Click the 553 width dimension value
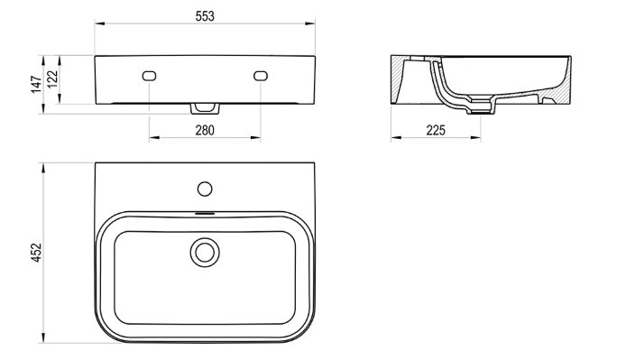tap(205, 16)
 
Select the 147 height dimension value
tap(36, 85)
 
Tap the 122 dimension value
tap(52, 78)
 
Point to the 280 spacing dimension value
tap(205, 130)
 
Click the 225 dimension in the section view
tap(436, 130)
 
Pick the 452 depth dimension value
tap(36, 253)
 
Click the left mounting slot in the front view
tap(149, 76)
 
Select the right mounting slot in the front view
tap(261, 76)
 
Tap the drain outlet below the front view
tap(205, 108)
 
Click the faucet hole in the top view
tap(205, 189)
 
